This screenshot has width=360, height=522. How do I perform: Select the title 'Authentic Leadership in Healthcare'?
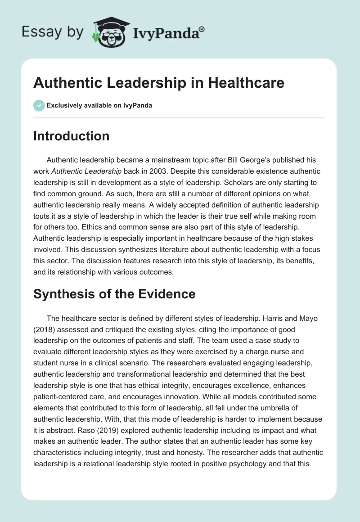tap(159, 83)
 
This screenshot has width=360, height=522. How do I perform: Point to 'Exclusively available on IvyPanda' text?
tap(99, 106)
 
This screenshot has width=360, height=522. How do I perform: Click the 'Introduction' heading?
tap(71, 136)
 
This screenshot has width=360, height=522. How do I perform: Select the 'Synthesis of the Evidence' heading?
tap(114, 294)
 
